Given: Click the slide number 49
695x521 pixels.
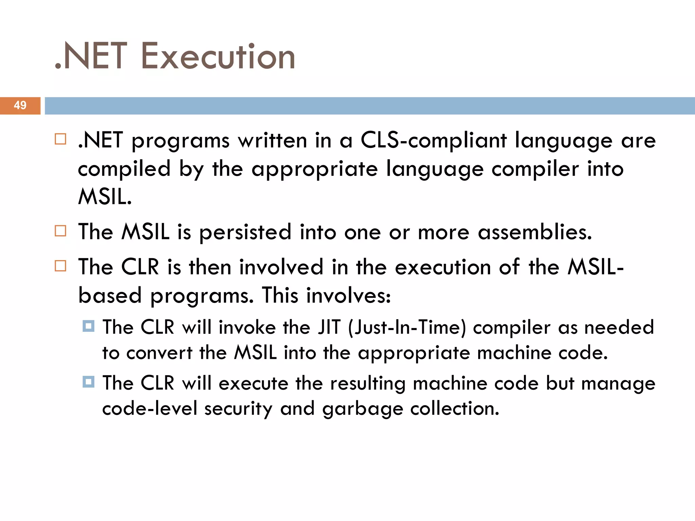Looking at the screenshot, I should point(20,105).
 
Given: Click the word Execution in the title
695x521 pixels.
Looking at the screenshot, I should point(218,56).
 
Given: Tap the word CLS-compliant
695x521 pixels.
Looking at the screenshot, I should point(433,141).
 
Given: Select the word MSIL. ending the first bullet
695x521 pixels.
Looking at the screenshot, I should point(105,197).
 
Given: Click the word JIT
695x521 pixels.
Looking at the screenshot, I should point(329,328).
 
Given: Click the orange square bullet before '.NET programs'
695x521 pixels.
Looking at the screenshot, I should point(60,139).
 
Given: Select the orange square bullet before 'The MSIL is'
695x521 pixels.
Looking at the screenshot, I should point(60,231).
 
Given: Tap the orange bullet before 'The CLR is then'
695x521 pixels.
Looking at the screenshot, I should point(60,266).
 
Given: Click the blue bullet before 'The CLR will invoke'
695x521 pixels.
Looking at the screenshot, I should point(88,326).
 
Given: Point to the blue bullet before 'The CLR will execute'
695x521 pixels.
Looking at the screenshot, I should point(88,382).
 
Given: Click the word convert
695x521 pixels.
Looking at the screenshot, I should point(159,353).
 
